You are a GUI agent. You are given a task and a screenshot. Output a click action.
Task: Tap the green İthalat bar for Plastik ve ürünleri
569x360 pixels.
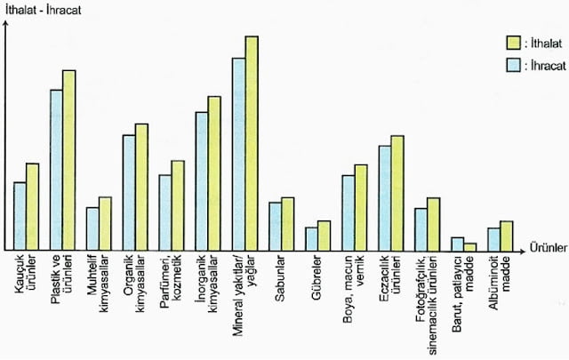[69, 161]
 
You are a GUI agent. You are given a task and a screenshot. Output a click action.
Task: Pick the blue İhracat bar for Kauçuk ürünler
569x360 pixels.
[20, 216]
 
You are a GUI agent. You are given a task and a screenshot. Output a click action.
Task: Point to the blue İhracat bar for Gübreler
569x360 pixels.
[311, 239]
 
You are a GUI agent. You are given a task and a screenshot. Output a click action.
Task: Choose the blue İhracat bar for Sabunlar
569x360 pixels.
[276, 227]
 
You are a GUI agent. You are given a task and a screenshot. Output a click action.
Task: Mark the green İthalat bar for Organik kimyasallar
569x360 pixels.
[141, 188]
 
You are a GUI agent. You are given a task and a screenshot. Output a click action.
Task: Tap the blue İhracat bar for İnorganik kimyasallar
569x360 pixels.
[202, 181]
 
